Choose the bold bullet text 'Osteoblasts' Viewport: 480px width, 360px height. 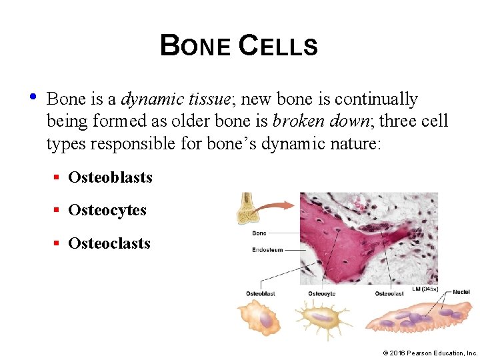pos(110,177)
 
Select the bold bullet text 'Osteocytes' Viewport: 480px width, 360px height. pos(107,210)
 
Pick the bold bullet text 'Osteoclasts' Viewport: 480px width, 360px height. pos(109,243)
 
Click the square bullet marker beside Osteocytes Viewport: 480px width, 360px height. pos(58,211)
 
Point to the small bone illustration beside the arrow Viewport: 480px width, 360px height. pos(248,207)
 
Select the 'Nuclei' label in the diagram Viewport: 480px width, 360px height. pos(461,292)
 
